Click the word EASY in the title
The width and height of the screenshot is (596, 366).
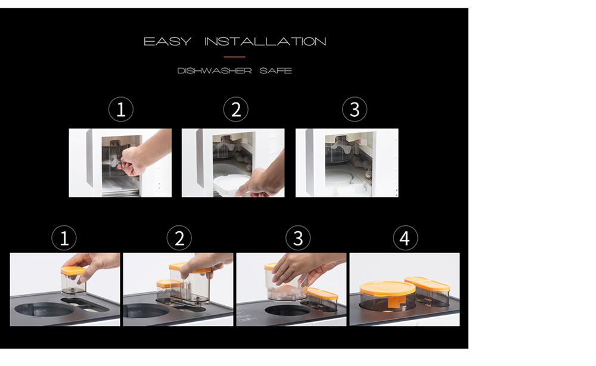167,41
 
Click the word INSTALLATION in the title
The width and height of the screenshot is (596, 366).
265,41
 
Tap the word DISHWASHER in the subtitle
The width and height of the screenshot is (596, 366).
215,71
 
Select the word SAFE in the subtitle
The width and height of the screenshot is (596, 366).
275,71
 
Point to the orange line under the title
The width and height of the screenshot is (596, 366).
234,57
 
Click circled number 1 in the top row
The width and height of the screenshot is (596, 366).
121,110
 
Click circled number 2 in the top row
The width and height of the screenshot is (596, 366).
235,110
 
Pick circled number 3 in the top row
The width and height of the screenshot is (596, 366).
355,110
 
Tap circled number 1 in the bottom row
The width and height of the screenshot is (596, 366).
64,238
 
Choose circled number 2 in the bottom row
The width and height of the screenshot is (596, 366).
179,238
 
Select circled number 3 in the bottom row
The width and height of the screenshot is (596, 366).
298,238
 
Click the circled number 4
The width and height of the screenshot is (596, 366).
405,238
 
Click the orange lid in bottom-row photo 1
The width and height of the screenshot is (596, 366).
73,270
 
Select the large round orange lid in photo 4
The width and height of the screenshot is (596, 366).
387,289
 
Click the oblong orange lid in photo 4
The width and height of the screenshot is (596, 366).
427,284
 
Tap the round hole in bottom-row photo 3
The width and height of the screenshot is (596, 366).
288,309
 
